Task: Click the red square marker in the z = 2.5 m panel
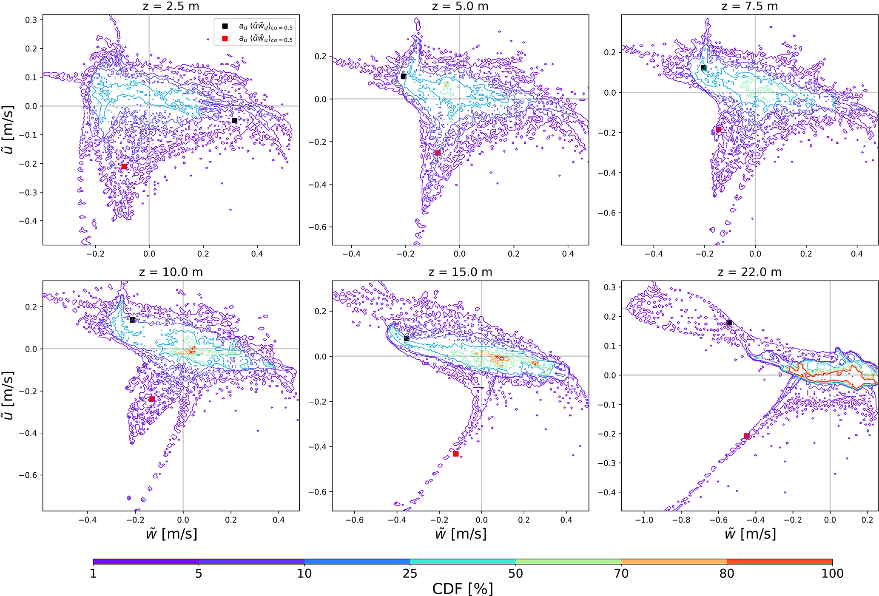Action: (x=124, y=166)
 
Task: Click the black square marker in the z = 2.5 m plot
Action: (x=234, y=120)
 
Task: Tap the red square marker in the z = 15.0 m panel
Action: (x=456, y=454)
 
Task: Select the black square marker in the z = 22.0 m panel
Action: (x=729, y=323)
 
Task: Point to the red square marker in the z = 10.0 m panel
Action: (x=152, y=399)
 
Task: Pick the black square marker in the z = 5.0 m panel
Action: (x=404, y=77)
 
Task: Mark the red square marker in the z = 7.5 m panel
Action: (x=719, y=130)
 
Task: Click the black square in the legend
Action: (x=225, y=26)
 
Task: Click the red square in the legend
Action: (x=225, y=39)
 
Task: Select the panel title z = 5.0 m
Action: (x=460, y=6)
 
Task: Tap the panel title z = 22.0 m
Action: (x=749, y=272)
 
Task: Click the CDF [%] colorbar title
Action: (x=463, y=589)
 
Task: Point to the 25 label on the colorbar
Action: (x=410, y=574)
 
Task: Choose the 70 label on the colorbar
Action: (x=621, y=574)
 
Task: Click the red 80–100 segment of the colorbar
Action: (x=779, y=562)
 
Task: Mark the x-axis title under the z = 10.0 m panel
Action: (x=171, y=534)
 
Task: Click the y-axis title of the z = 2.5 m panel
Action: (x=9, y=123)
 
